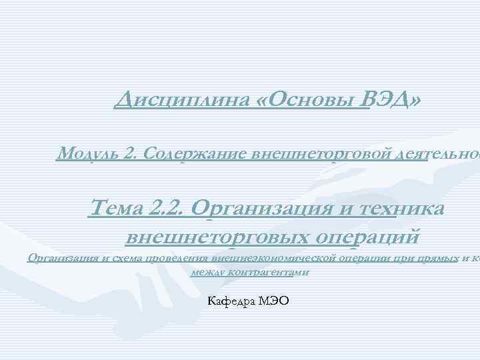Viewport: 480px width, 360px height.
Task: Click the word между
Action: pos(205,272)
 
